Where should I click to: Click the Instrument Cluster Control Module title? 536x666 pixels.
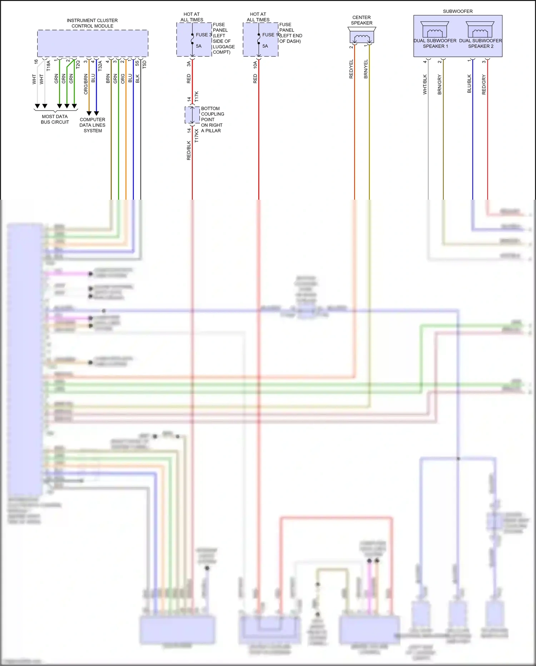(92, 23)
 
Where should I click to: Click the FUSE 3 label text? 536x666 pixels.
(204, 35)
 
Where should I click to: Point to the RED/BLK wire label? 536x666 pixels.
(189, 150)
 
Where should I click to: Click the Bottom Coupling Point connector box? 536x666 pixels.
(192, 115)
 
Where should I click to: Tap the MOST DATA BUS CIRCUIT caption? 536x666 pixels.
(55, 119)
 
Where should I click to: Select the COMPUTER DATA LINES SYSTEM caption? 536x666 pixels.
(93, 125)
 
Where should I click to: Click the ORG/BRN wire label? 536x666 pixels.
(86, 84)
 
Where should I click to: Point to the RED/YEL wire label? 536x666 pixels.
(351, 69)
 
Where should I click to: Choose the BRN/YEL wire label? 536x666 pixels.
(366, 69)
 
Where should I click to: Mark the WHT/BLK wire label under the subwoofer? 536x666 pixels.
(425, 84)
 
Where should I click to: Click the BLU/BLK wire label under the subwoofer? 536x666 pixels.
(469, 84)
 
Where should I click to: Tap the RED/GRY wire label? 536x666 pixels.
(484, 84)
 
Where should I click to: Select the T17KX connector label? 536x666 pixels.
(197, 136)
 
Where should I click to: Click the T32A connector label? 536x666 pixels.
(100, 65)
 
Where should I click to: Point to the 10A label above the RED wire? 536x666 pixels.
(255, 65)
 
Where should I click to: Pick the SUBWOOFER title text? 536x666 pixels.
(457, 11)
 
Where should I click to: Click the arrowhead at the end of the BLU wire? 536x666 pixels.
(96, 113)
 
